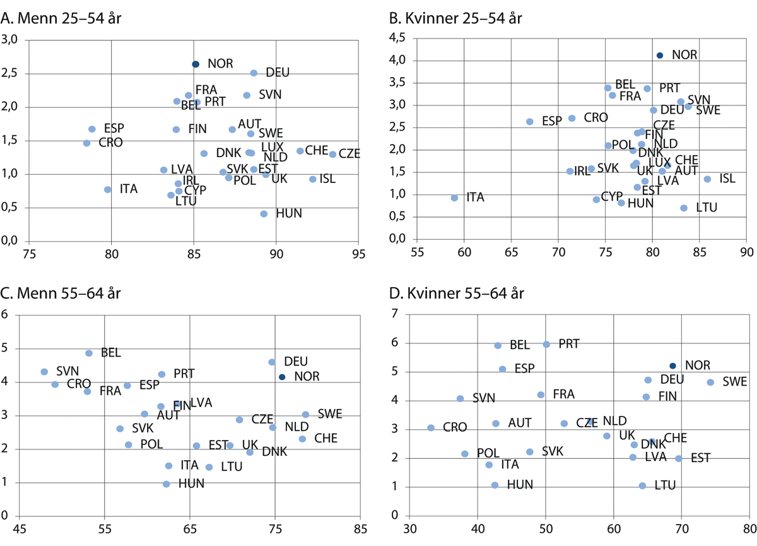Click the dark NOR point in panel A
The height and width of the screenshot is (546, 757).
pos(196,64)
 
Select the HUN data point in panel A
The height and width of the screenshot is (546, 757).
pos(264,214)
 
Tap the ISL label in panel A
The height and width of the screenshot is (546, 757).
pos(327,179)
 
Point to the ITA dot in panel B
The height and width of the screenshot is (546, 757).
pos(454,198)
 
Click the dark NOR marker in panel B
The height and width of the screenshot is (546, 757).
pos(660,56)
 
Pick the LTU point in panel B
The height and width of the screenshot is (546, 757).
pos(684,208)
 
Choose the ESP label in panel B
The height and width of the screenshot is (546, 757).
pos(551,121)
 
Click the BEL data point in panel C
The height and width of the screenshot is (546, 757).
pos(89,353)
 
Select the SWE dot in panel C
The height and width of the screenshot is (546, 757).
pos(305,414)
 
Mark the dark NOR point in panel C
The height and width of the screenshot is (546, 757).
pos(282,377)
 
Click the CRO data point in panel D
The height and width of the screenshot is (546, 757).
pos(431,427)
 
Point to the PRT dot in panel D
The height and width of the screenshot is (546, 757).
pos(546,344)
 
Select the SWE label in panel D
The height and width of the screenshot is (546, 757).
pos(735,382)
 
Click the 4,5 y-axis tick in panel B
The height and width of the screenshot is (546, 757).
pos(397,39)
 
